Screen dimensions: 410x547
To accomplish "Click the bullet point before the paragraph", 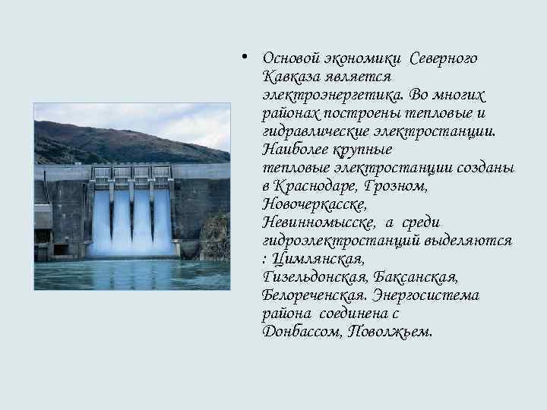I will click(x=241, y=56).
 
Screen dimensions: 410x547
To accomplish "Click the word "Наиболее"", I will click(x=291, y=150).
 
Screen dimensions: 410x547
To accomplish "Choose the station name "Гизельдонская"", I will click(x=311, y=278).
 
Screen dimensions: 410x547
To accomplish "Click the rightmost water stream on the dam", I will click(x=163, y=220).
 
